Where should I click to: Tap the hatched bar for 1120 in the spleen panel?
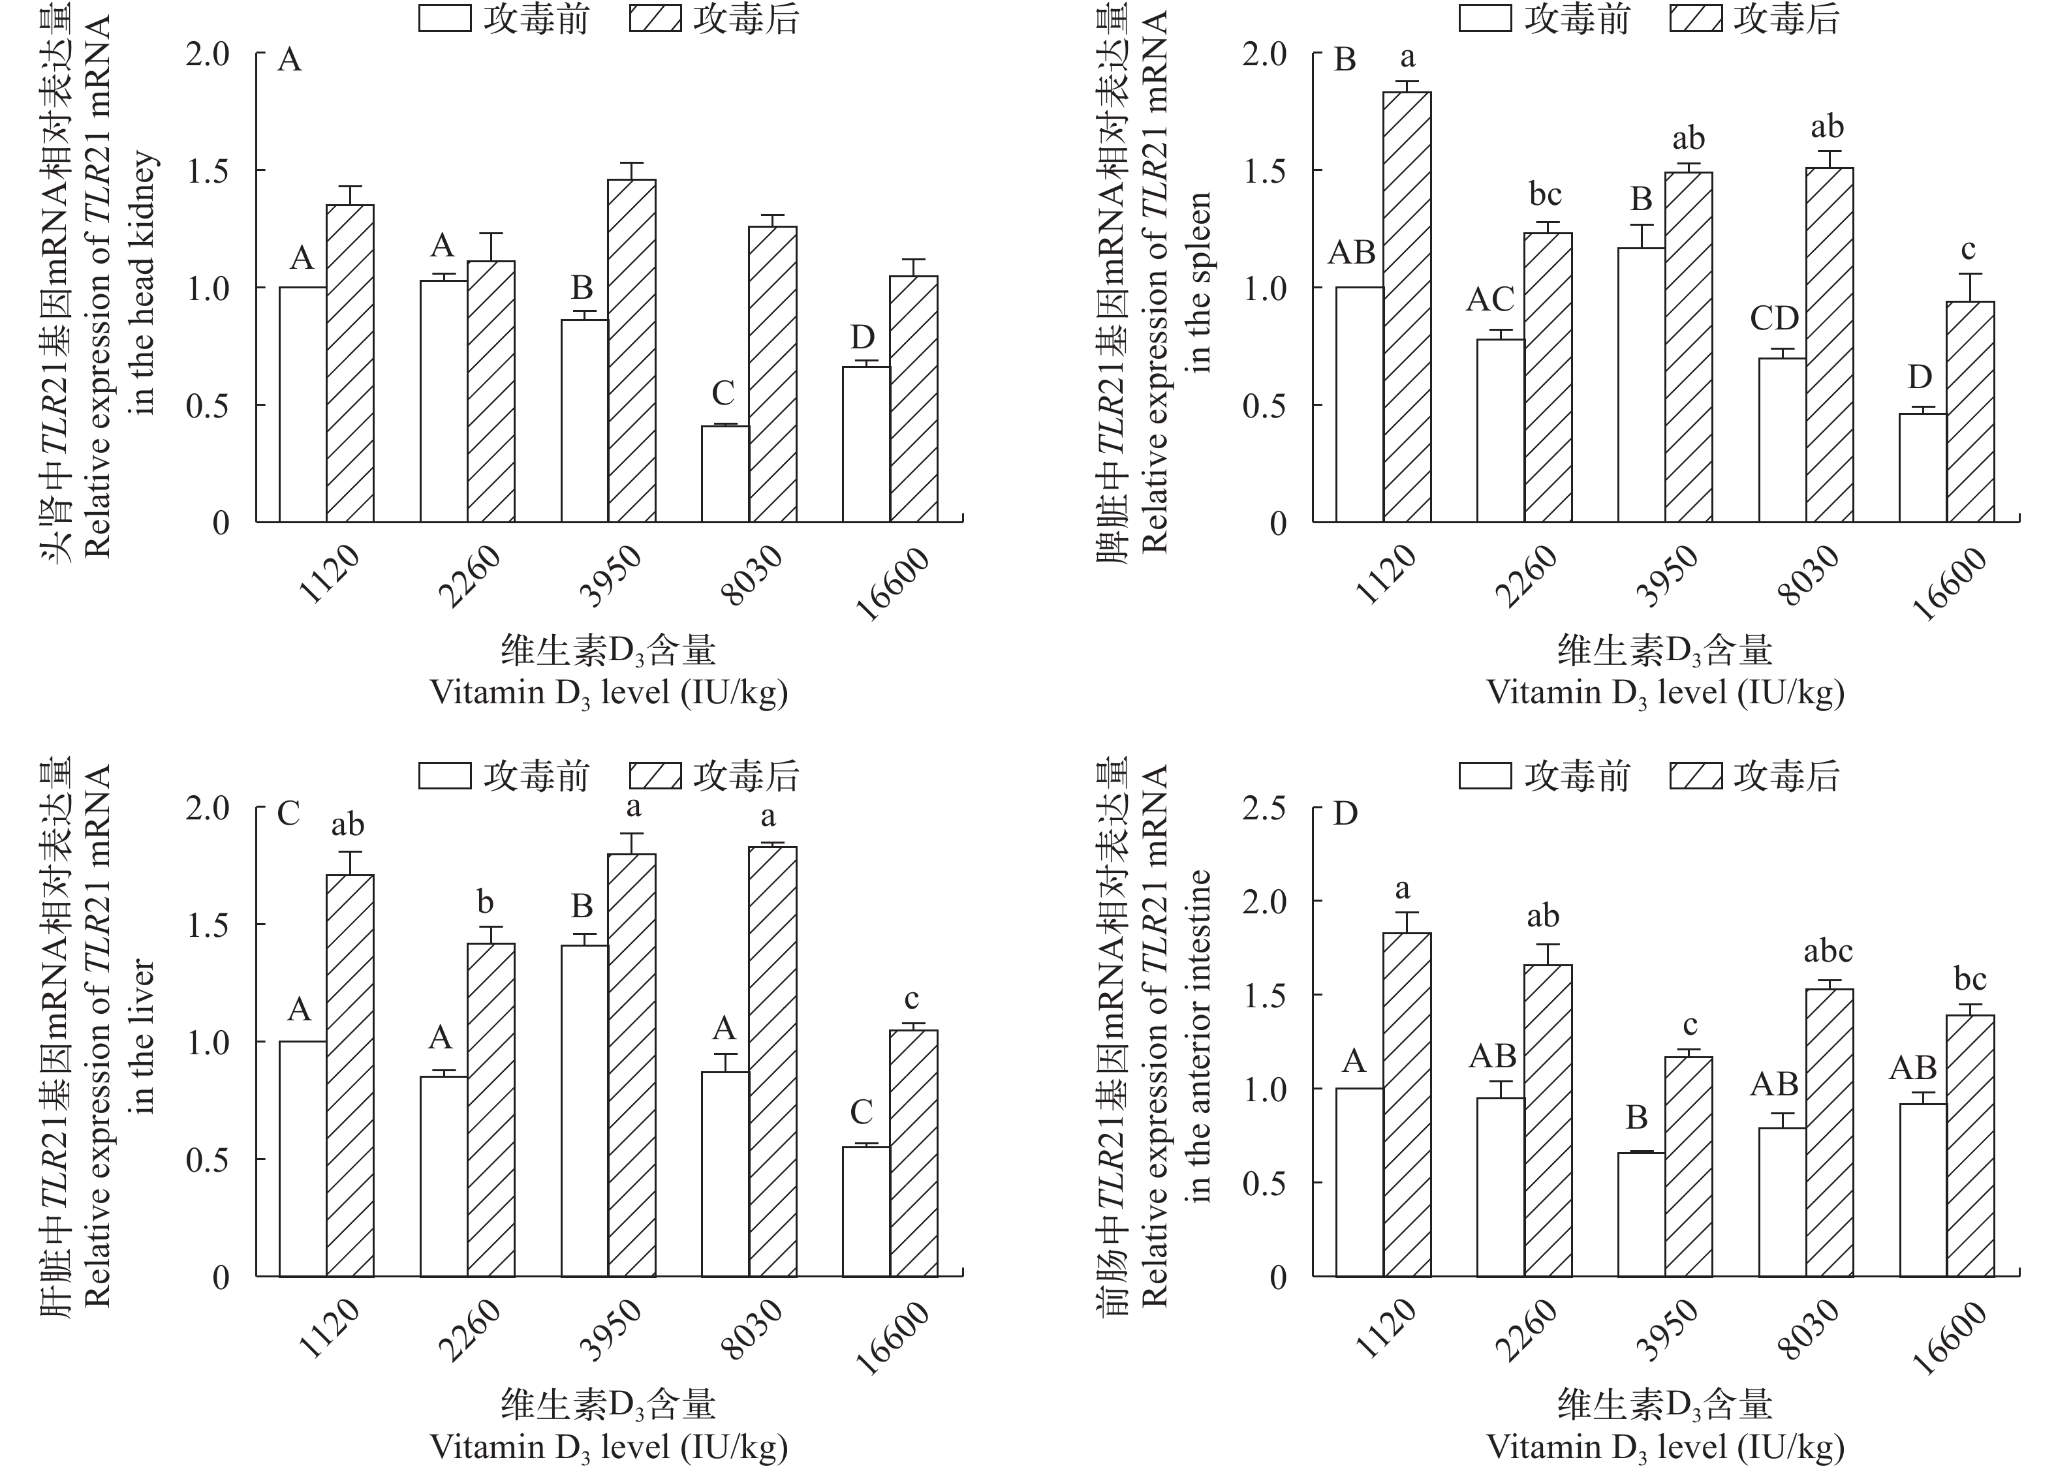pyautogui.click(x=1407, y=307)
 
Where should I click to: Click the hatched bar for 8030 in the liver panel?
pyautogui.click(x=772, y=1061)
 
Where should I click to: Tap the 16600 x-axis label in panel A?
pyautogui.click(x=893, y=585)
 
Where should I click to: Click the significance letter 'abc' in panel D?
pyautogui.click(x=1828, y=951)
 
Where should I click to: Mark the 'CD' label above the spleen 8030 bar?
pyautogui.click(x=1774, y=318)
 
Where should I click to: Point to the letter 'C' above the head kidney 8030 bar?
pyautogui.click(x=723, y=393)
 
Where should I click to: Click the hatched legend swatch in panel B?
pyautogui.click(x=1696, y=19)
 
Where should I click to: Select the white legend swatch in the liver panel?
pyautogui.click(x=444, y=776)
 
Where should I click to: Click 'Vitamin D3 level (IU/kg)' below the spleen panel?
pyautogui.click(x=1665, y=692)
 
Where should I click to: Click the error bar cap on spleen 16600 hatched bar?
pyautogui.click(x=1970, y=273)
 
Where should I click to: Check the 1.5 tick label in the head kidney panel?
pyautogui.click(x=208, y=170)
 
